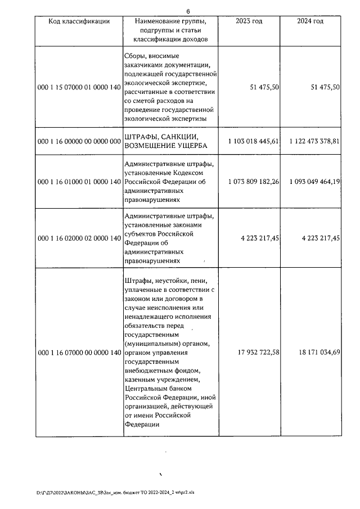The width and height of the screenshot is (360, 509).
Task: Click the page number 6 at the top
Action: pyautogui.click(x=188, y=10)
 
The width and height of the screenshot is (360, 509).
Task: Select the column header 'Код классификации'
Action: pyautogui.click(x=79, y=21)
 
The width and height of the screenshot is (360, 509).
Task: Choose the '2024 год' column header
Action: pyautogui.click(x=310, y=21)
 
